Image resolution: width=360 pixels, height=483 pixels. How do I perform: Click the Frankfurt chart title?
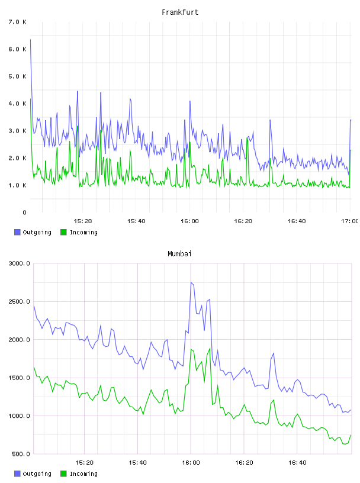pyautogui.click(x=180, y=12)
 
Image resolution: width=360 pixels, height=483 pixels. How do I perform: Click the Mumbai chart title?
pyautogui.click(x=179, y=253)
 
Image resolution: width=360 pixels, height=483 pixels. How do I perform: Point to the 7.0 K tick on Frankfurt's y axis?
pyautogui.click(x=18, y=22)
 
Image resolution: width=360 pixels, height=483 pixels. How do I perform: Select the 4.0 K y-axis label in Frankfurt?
pyautogui.click(x=18, y=104)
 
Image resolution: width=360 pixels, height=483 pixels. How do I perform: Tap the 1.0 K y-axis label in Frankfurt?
pyautogui.click(x=18, y=185)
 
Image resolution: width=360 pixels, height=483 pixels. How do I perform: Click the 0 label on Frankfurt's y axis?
pyautogui.click(x=24, y=212)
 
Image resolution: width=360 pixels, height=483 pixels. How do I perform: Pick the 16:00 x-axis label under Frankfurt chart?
pyautogui.click(x=189, y=221)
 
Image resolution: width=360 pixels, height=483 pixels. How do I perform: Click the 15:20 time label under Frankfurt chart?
pyautogui.click(x=83, y=221)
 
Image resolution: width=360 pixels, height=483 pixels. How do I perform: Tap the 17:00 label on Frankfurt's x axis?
pyautogui.click(x=350, y=221)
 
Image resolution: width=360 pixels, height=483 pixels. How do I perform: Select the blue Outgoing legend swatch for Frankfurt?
pyautogui.click(x=17, y=232)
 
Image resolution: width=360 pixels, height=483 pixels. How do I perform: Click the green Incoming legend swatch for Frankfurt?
pyautogui.click(x=63, y=232)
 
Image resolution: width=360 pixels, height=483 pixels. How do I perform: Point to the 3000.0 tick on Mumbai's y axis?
pyautogui.click(x=19, y=263)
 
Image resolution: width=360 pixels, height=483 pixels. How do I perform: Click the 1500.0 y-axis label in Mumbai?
pyautogui.click(x=19, y=378)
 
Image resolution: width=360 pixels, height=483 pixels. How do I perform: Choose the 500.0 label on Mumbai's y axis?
pyautogui.click(x=21, y=454)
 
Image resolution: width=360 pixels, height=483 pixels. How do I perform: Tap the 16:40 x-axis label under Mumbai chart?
pyautogui.click(x=297, y=462)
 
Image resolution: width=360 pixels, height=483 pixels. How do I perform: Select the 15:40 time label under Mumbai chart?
pyautogui.click(x=137, y=462)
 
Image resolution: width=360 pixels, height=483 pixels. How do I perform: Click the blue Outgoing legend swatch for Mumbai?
pyautogui.click(x=17, y=474)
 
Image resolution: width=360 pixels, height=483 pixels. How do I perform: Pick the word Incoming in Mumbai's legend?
pyautogui.click(x=83, y=474)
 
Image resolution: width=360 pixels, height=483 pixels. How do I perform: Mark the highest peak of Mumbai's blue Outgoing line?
pyautogui.click(x=191, y=282)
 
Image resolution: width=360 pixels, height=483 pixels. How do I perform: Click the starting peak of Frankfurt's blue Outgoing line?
pyautogui.click(x=30, y=40)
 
